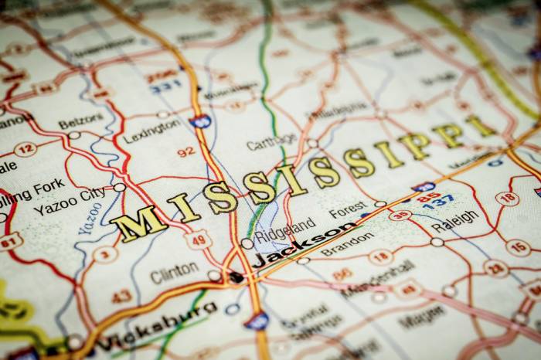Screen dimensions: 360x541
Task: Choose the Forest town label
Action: coord(347,209)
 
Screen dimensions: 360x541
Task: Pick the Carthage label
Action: coord(271,142)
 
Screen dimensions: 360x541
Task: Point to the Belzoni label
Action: coord(80,121)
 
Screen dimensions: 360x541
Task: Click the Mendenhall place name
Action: coord(378,278)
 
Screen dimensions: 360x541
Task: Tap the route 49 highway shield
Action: coord(199,239)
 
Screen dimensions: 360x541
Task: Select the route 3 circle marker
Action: coord(105,253)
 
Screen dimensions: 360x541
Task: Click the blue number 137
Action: coord(437,202)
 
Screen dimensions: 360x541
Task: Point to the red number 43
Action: coord(121,295)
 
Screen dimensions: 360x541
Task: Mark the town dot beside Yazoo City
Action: coord(119,187)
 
